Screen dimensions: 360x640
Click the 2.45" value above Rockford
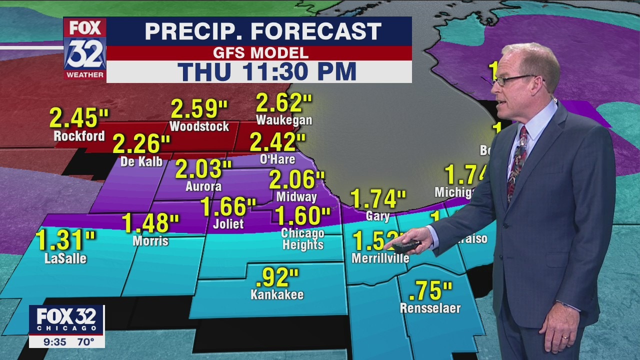pyautogui.click(x=79, y=118)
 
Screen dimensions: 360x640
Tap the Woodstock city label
pyautogui.click(x=199, y=126)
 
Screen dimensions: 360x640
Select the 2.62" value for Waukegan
pyautogui.click(x=284, y=102)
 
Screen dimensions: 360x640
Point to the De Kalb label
pyautogui.click(x=141, y=161)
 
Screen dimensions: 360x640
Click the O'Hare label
pyautogui.click(x=277, y=159)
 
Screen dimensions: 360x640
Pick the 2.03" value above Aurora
pyautogui.click(x=203, y=169)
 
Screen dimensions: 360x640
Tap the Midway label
pyautogui.click(x=296, y=197)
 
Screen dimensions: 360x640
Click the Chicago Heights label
pyautogui.click(x=302, y=239)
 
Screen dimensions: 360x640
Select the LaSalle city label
pyautogui.click(x=65, y=258)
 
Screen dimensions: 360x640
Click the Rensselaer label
pyautogui.click(x=430, y=308)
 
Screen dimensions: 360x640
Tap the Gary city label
pyautogui.click(x=377, y=216)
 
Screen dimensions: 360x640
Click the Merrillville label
pyautogui.click(x=380, y=258)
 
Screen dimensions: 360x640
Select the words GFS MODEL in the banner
pyautogui.click(x=260, y=53)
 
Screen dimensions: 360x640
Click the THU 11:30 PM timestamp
pyautogui.click(x=267, y=71)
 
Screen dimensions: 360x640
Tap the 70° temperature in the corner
pyautogui.click(x=85, y=342)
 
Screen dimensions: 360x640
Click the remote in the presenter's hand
pyautogui.click(x=406, y=245)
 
